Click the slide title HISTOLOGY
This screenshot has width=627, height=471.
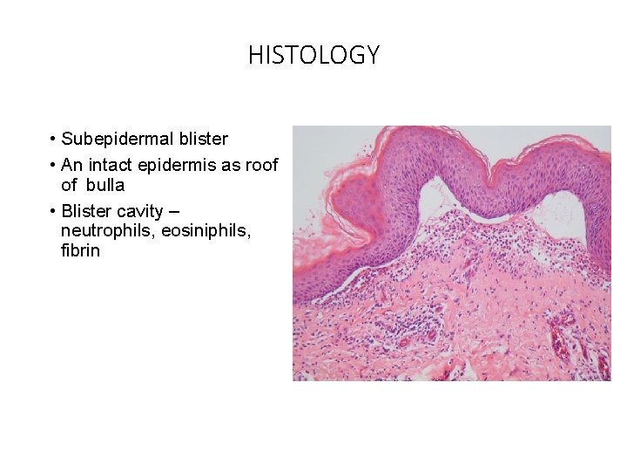click(313, 56)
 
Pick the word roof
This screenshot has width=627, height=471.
click(262, 166)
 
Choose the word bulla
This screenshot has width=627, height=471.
click(104, 185)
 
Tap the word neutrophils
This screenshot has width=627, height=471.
click(103, 231)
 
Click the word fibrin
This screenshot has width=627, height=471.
click(80, 251)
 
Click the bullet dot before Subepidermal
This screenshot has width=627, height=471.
click(53, 140)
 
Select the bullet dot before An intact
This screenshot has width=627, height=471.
click(53, 166)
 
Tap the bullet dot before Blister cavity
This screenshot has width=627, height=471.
click(53, 211)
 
